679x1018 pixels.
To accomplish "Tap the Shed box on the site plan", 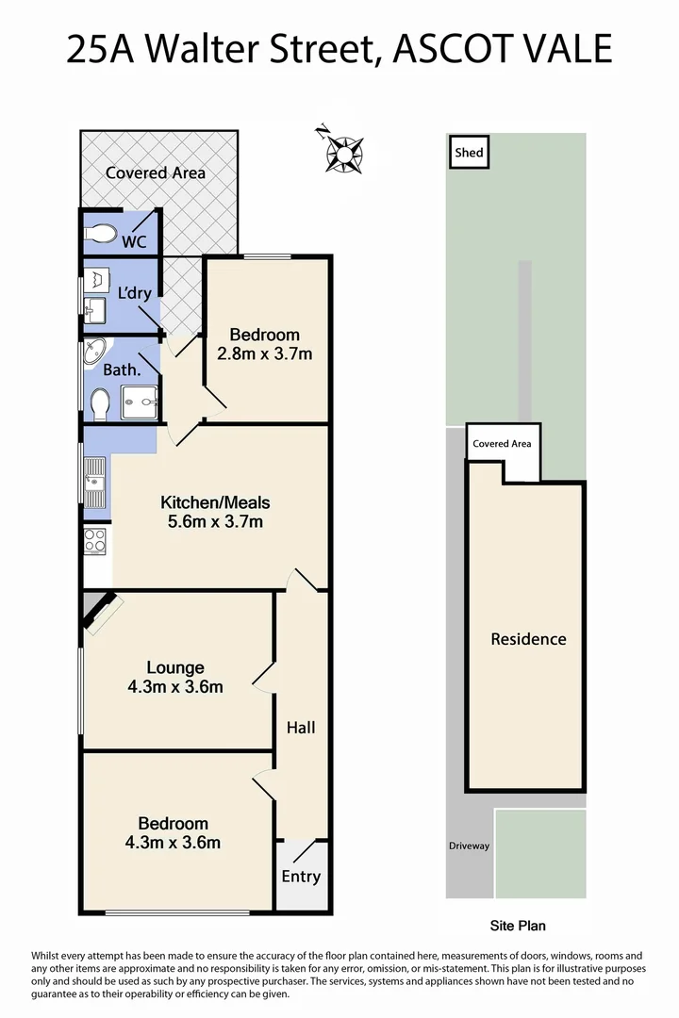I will (x=469, y=153).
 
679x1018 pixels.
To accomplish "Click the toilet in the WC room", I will (x=99, y=233).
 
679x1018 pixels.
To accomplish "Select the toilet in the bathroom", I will (x=100, y=404).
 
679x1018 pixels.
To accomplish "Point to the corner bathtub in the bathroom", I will (x=94, y=352).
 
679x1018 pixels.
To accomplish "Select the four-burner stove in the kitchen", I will (x=95, y=540).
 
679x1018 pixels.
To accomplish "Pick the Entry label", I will (x=301, y=877).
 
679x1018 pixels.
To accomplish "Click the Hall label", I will (x=301, y=728).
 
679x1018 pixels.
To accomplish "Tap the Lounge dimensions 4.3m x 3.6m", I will (x=175, y=687).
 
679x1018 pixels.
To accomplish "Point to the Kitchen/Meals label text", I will (x=215, y=502).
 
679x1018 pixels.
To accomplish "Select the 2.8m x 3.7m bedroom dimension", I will (x=265, y=354).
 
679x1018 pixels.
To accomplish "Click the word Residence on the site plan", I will (x=528, y=639).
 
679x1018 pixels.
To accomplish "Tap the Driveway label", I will (x=469, y=846).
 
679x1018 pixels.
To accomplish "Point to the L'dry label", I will (x=134, y=293).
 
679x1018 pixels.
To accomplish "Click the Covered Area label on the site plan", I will (x=502, y=443).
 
